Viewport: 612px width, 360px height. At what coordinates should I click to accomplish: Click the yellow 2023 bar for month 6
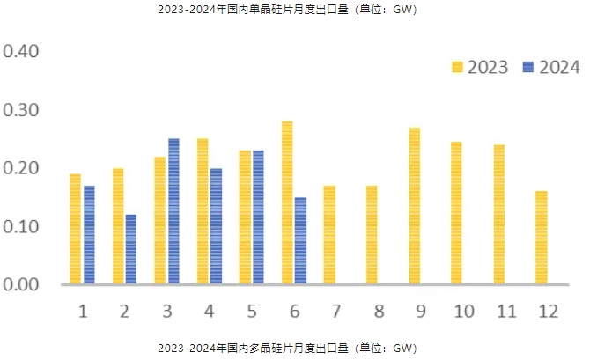tap(287, 202)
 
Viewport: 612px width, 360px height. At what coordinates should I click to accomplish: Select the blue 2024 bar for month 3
tap(173, 211)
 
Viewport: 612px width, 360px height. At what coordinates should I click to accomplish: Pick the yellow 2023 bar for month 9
tap(414, 206)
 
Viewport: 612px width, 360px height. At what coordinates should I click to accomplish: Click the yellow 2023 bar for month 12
tap(541, 238)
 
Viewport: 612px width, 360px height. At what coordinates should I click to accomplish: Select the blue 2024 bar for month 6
tap(300, 240)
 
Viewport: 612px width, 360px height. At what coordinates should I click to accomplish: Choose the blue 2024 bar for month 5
tap(258, 217)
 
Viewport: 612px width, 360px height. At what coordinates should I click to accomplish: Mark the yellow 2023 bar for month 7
tap(329, 235)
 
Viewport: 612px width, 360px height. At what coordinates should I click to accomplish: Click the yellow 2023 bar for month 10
tap(456, 213)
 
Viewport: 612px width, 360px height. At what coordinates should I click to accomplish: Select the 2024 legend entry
tap(550, 68)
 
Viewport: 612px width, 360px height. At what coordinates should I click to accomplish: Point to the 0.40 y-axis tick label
tap(22, 51)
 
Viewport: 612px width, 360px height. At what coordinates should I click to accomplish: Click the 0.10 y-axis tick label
tap(22, 226)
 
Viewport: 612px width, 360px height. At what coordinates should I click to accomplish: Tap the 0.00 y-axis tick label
tap(22, 284)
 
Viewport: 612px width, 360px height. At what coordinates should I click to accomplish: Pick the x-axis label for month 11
tap(505, 311)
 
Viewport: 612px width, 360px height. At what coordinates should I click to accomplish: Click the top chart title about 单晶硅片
tap(286, 11)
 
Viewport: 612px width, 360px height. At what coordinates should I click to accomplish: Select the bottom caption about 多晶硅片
tap(286, 349)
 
